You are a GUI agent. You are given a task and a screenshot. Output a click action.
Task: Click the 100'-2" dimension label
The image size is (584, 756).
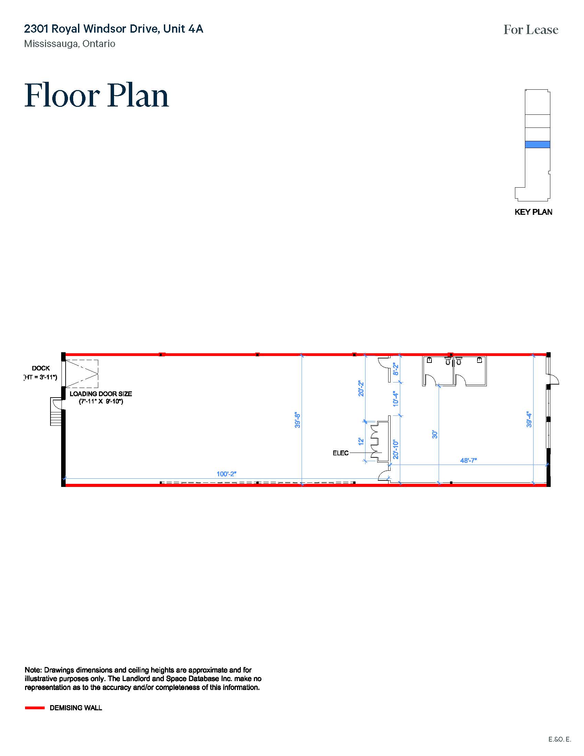tap(226, 474)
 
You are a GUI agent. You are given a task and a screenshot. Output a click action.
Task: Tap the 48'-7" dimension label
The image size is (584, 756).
tap(468, 460)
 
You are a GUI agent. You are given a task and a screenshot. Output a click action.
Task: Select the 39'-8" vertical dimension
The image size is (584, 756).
tap(297, 420)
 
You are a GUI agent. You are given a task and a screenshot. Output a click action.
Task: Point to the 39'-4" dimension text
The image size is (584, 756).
tap(529, 419)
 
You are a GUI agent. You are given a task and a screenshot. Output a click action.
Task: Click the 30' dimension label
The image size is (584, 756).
tap(435, 434)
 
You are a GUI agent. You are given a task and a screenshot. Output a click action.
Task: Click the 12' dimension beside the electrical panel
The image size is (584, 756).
tap(361, 441)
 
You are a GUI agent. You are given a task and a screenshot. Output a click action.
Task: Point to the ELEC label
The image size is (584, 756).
tap(340, 453)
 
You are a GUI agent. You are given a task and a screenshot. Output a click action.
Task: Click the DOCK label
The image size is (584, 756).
tap(41, 368)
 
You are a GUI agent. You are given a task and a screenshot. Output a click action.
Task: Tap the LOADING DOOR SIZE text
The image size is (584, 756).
tap(101, 394)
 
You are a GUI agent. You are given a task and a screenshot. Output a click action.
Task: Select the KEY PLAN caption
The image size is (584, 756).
tap(533, 212)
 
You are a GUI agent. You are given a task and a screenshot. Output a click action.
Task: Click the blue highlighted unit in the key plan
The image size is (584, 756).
tap(537, 145)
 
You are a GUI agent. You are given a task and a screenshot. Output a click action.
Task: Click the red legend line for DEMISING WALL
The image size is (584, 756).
tap(35, 708)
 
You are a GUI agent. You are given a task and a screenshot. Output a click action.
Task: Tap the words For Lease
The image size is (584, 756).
tap(531, 30)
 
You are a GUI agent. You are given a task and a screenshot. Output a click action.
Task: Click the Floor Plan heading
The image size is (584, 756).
tap(97, 95)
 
